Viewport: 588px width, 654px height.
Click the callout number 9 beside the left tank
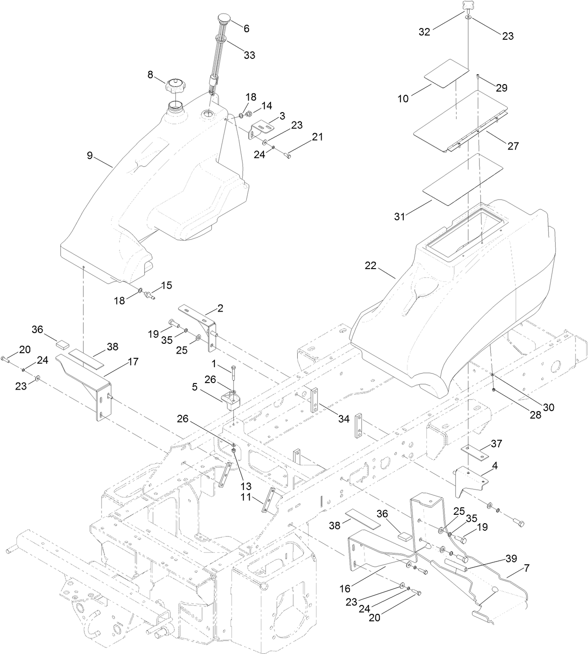90,156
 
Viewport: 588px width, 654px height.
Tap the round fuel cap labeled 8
176,87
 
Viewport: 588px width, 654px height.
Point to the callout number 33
250,55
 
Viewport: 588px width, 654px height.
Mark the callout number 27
513,146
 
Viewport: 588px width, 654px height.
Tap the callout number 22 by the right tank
371,265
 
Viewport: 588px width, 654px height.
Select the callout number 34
344,419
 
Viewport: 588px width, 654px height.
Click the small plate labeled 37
473,451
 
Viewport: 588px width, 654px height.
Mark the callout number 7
526,569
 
